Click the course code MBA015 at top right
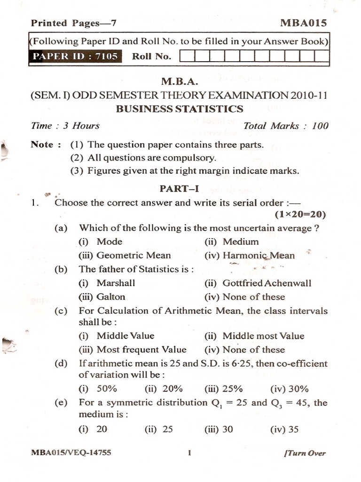[303, 23]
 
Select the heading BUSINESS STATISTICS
[180, 109]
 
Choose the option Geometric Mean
[133, 256]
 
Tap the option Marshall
[116, 283]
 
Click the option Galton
[111, 297]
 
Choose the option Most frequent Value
[141, 350]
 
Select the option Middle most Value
[263, 336]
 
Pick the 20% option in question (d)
[172, 389]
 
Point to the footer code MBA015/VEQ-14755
[71, 453]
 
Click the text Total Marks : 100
[286, 126]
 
